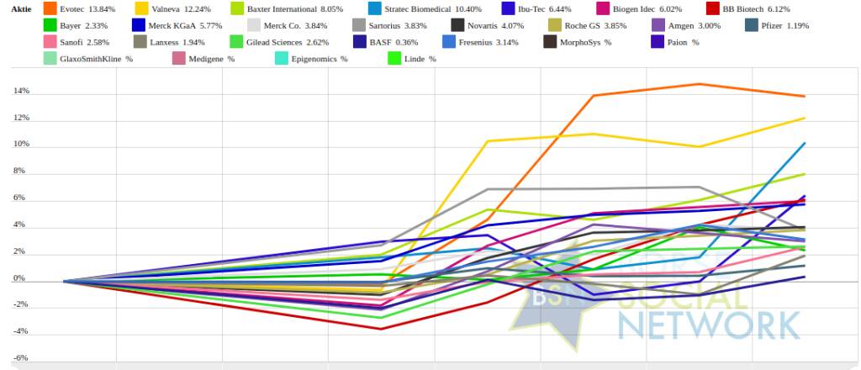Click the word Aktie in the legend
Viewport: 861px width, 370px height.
(21, 8)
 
